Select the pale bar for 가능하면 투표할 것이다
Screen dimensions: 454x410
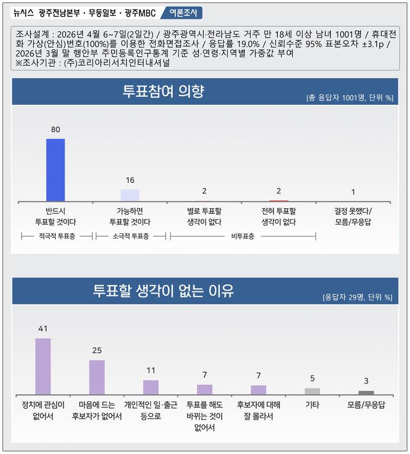[x=130, y=195]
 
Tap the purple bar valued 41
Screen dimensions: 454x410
[x=43, y=366]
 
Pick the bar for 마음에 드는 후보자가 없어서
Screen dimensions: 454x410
[x=97, y=377]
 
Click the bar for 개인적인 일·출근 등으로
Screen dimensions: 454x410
[x=151, y=387]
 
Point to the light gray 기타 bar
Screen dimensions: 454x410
[x=312, y=391]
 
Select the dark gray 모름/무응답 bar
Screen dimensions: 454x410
[x=366, y=393]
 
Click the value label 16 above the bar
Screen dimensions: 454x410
[x=130, y=180]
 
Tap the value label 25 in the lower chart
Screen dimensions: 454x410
[x=97, y=350]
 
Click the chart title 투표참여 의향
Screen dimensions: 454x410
[x=163, y=91]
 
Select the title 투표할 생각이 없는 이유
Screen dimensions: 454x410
[x=163, y=291]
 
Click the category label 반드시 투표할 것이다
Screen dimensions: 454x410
[x=56, y=216]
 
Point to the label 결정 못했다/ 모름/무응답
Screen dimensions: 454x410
[x=353, y=216]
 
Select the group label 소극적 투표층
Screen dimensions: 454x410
[x=130, y=236]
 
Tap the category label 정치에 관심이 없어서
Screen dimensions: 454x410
[x=43, y=411]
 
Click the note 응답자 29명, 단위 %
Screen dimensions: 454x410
[x=358, y=297]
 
